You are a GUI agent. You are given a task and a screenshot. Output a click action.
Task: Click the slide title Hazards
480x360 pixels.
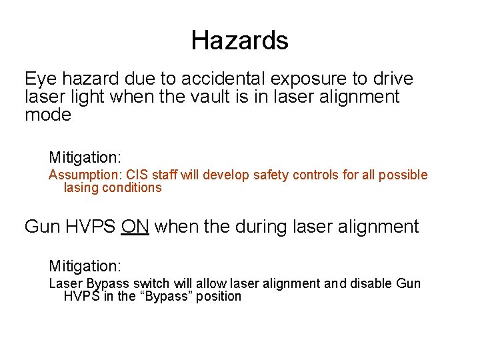239,41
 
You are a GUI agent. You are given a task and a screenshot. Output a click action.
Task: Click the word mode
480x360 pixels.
47,115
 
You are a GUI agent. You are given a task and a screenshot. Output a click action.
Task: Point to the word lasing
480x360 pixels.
81,187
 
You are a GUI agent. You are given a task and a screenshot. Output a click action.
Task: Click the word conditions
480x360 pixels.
131,187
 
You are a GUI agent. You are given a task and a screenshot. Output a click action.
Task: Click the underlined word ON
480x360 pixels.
135,227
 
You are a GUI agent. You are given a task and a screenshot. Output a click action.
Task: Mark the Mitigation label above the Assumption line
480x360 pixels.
85,157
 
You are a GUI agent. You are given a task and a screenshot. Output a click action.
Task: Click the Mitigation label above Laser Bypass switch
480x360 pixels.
85,266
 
